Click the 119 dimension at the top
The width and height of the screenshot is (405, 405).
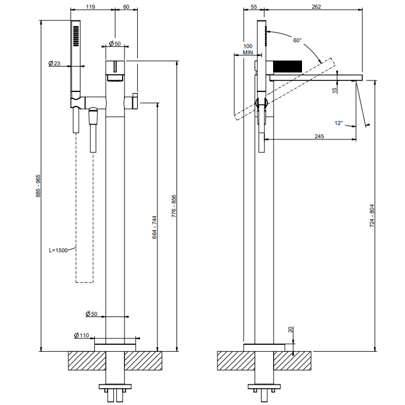(x=91, y=7)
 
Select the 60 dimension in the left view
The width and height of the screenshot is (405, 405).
(x=127, y=7)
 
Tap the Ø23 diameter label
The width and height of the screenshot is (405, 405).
(x=54, y=63)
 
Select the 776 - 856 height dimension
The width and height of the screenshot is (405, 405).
(x=174, y=206)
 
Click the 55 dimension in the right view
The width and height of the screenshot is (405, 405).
(x=254, y=7)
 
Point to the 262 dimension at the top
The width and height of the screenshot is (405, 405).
(x=316, y=7)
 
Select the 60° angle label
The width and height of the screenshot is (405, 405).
(x=297, y=41)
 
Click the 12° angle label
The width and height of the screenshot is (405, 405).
(x=338, y=123)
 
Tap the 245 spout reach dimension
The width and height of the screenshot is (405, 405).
(x=319, y=137)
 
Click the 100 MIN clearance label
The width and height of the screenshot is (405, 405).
(x=248, y=49)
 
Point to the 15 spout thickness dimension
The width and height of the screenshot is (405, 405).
(x=334, y=90)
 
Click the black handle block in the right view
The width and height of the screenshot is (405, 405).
(x=288, y=65)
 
